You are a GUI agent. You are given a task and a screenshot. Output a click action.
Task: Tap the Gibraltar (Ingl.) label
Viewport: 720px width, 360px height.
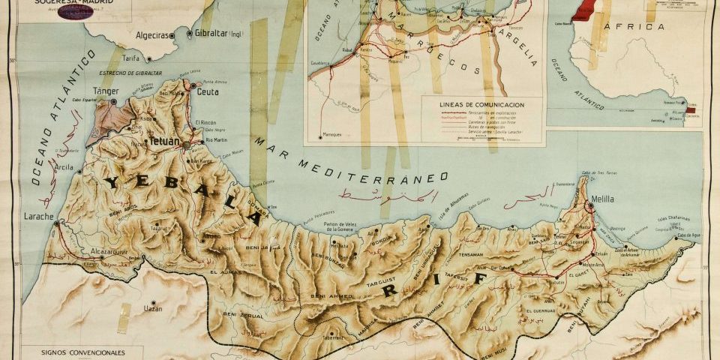pos(217,34)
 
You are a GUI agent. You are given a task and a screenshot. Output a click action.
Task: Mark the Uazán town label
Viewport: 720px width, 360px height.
pos(152,307)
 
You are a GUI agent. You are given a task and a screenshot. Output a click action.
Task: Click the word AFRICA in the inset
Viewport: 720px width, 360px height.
pos(640,27)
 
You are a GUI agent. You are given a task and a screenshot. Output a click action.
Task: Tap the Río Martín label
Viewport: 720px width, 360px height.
pos(216,140)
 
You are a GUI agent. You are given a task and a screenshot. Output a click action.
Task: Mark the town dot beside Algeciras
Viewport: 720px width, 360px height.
pos(172,35)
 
